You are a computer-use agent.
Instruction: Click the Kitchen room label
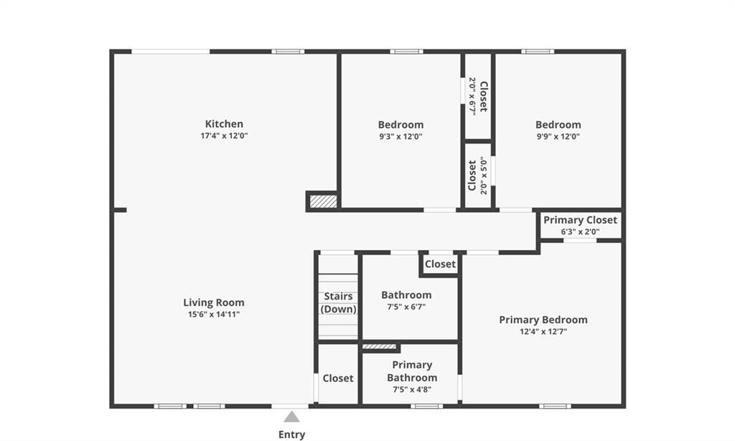pos(224,124)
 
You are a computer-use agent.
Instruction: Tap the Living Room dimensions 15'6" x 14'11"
pos(214,315)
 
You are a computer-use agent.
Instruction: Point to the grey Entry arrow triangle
pos(291,417)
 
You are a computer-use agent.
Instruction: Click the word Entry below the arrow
pos(291,435)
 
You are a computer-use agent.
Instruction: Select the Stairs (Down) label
pos(339,302)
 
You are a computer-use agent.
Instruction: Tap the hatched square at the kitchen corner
pos(324,201)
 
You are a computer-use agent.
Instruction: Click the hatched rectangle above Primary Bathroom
pos(379,347)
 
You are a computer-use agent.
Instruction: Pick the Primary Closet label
pos(580,220)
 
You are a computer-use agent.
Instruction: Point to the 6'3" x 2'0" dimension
pos(580,232)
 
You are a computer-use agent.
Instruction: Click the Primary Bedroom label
pos(543,320)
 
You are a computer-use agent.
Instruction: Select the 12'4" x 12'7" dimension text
pos(543,332)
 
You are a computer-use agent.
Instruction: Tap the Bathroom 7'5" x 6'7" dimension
pos(406,307)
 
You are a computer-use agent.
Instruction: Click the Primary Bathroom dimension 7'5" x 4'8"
pos(412,389)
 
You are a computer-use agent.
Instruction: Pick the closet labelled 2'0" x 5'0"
pos(477,175)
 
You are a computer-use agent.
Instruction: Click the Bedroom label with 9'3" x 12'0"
pos(401,125)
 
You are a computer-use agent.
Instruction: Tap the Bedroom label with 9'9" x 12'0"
pos(558,125)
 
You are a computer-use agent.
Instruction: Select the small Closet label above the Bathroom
pos(440,264)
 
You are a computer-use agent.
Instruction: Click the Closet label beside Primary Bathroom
pos(338,378)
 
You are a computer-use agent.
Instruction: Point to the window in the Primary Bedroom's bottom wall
pos(555,407)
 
